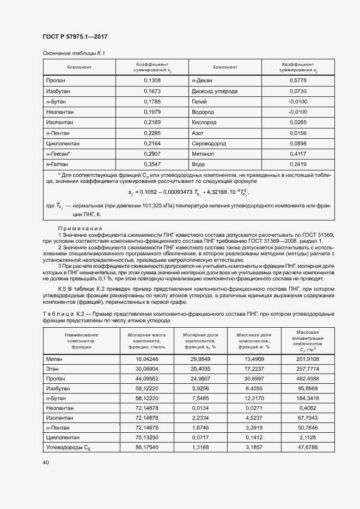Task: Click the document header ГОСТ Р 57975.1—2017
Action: pyautogui.click(x=75, y=36)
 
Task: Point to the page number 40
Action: pyautogui.click(x=46, y=463)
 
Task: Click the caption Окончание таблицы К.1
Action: pyautogui.click(x=74, y=53)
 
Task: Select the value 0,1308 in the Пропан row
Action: pyautogui.click(x=152, y=81)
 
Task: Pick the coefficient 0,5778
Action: pyautogui.click(x=298, y=81)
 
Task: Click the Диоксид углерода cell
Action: pyautogui.click(x=215, y=91)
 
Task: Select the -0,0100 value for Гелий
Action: pyautogui.click(x=298, y=101)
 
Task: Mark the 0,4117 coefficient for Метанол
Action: pyautogui.click(x=298, y=154)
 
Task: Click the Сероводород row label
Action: pyautogui.click(x=209, y=143)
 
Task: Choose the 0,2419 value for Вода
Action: pyautogui.click(x=298, y=164)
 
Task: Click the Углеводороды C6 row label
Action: pyautogui.click(x=68, y=447)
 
